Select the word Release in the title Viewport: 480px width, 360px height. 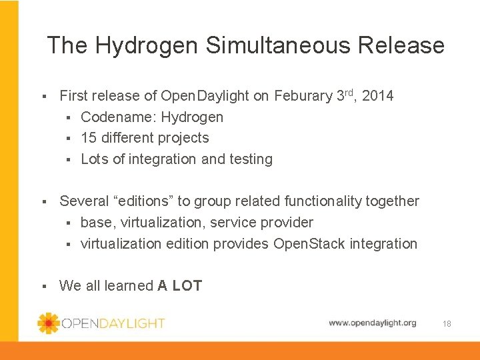coord(401,45)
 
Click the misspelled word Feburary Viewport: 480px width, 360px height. coord(302,96)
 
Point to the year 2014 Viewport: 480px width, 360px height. coord(379,96)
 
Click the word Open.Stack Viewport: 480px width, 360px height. coord(306,244)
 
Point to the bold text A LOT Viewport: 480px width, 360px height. coord(180,286)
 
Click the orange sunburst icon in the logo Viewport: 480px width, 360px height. coord(48,323)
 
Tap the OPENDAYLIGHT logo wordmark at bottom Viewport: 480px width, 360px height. coord(113,323)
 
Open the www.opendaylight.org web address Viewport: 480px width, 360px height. coord(372,323)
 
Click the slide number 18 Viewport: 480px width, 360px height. coord(447,323)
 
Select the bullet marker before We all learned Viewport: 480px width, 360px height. coord(43,287)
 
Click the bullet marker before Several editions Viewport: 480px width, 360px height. coord(43,202)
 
